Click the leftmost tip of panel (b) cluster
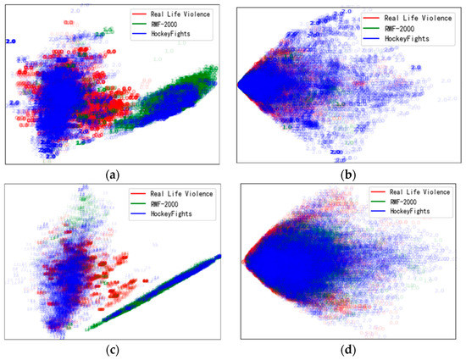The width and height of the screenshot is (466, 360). point(240,85)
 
